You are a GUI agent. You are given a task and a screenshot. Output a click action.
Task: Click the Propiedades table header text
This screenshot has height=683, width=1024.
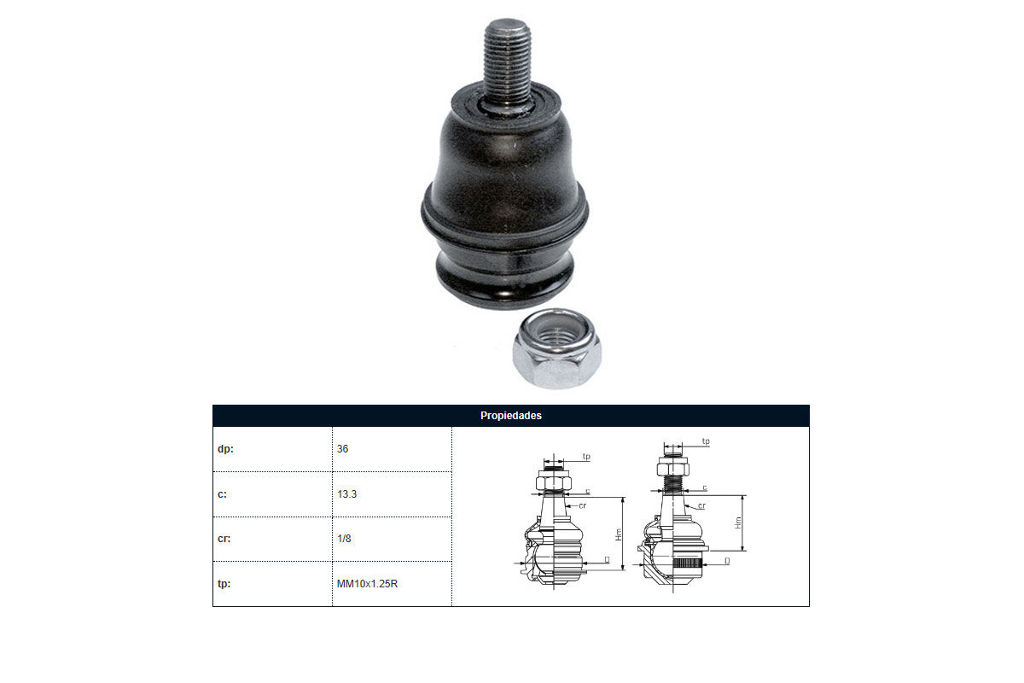tap(510, 416)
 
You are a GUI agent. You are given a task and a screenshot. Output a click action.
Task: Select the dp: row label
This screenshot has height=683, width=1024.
tap(225, 449)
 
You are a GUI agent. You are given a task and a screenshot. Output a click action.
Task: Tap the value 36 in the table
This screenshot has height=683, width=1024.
tap(342, 449)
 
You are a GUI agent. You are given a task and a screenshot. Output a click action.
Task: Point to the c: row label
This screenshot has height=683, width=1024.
tap(222, 494)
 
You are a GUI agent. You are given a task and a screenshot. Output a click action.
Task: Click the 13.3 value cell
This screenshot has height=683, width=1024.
tap(346, 494)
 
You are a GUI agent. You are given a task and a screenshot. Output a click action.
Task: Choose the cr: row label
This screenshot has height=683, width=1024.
tap(224, 539)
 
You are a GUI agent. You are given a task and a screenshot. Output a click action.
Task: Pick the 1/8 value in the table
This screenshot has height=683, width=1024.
tap(344, 539)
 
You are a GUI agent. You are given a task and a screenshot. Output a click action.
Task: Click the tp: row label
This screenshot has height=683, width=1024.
tap(224, 584)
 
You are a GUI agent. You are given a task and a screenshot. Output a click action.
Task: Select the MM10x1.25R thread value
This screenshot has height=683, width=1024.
tap(367, 584)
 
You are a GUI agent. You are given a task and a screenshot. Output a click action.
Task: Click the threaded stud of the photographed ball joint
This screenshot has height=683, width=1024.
tap(508, 64)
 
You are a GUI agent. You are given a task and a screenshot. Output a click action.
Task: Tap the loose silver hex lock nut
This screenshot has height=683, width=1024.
tap(556, 348)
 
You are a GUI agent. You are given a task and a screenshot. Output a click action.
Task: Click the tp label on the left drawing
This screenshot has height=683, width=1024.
tap(586, 456)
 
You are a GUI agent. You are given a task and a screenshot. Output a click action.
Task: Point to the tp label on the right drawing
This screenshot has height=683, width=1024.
tap(706, 441)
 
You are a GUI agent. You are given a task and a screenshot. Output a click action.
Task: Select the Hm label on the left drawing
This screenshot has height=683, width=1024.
tap(619, 534)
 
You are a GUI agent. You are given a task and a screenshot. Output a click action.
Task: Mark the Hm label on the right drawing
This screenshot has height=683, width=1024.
tap(738, 522)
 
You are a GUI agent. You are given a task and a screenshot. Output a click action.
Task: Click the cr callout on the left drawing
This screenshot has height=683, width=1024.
tap(582, 505)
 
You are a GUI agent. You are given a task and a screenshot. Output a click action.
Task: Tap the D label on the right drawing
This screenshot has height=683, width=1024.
tap(727, 561)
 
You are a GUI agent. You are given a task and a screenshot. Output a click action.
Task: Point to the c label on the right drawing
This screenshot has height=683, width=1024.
tap(705, 487)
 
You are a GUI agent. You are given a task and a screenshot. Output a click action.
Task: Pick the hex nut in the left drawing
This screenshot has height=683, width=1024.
tap(554, 482)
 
